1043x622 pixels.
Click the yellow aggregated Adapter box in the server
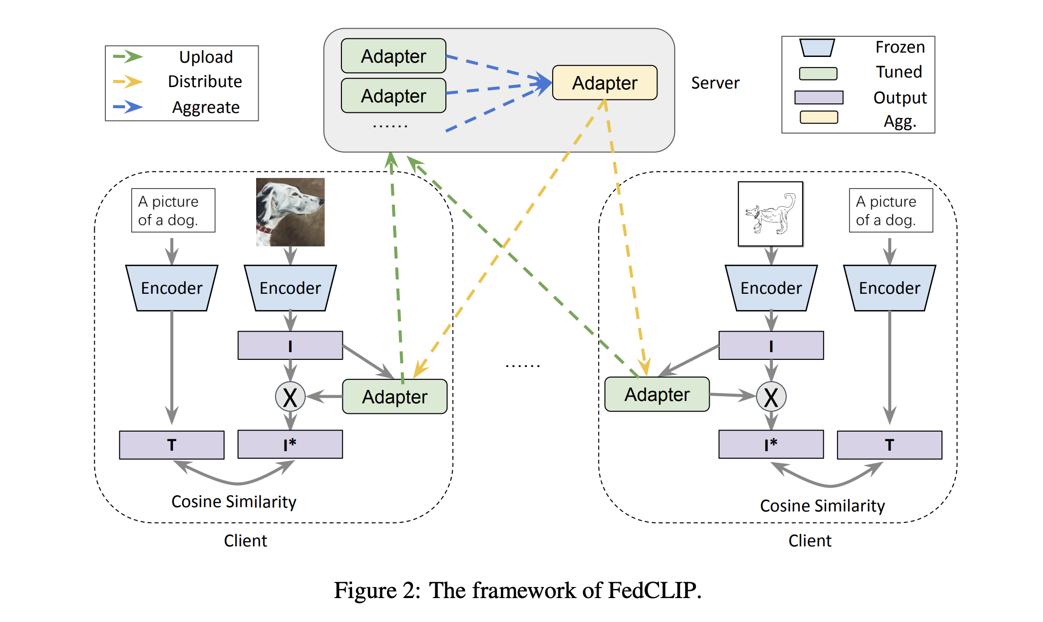[x=604, y=83]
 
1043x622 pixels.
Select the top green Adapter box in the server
[x=393, y=56]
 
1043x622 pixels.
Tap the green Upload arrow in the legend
[x=128, y=56]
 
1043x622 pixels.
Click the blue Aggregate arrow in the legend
[x=128, y=107]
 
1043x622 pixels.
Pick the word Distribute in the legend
[x=205, y=81]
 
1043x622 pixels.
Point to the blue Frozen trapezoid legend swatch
[x=817, y=47]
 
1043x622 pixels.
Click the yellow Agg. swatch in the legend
[x=818, y=117]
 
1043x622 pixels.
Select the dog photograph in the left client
[x=290, y=212]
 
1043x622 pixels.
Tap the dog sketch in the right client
[x=770, y=214]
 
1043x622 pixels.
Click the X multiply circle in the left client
[x=290, y=397]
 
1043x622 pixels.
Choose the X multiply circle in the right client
[x=771, y=397]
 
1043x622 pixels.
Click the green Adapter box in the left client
[x=395, y=397]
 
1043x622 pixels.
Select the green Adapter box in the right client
[x=657, y=394]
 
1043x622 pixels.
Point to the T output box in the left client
[x=171, y=445]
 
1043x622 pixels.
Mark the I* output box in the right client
[x=771, y=444]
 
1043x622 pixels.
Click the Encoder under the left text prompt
[x=171, y=288]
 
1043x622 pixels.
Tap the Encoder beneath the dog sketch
[x=771, y=288]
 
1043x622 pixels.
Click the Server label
[x=715, y=83]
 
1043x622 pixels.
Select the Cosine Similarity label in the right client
[x=822, y=506]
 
